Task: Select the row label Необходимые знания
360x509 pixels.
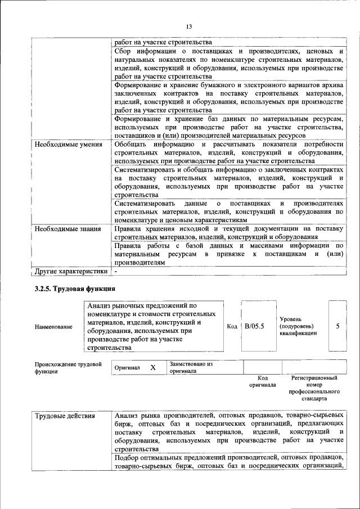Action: click(x=67, y=229)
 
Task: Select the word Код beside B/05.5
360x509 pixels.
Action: click(x=232, y=326)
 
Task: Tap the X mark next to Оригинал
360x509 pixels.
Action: click(x=152, y=367)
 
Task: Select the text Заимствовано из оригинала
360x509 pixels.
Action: click(x=192, y=367)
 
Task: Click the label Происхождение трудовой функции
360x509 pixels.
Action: click(x=68, y=368)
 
